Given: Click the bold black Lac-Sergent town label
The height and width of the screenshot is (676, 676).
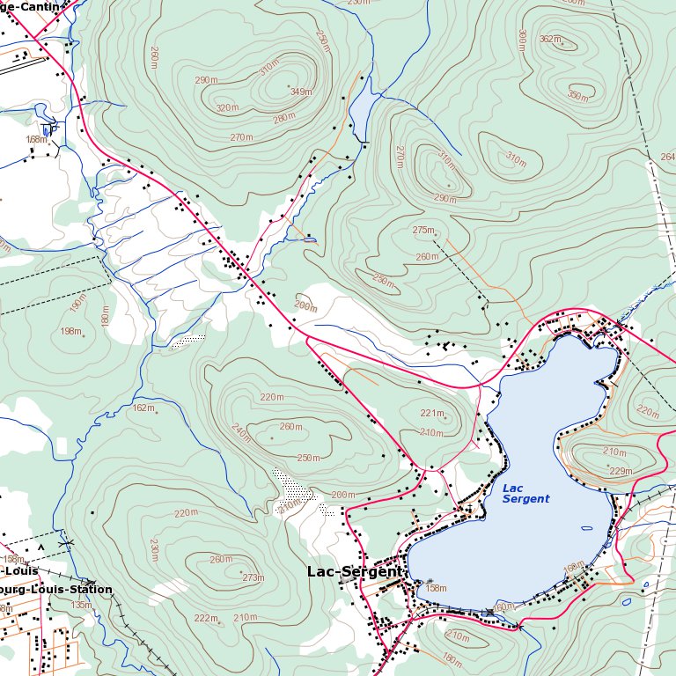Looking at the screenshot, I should tap(354, 571).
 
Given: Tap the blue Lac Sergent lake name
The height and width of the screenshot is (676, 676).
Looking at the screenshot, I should tap(525, 494).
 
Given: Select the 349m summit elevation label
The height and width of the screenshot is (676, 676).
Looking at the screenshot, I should tap(301, 92).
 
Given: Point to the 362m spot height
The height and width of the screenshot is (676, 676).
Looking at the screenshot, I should tap(549, 40).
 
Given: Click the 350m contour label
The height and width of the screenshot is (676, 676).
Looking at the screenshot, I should tap(577, 96).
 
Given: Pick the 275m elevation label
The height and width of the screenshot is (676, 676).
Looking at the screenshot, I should tap(423, 230).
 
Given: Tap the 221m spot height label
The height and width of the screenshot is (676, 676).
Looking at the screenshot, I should tap(431, 413).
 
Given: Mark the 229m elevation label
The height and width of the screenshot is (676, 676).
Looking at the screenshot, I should tap(621, 471).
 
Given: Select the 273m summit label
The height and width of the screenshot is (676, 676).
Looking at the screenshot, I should tap(253, 577).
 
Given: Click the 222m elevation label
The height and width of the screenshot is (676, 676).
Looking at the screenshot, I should tap(206, 618).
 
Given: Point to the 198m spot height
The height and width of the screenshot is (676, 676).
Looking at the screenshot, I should tap(70, 331).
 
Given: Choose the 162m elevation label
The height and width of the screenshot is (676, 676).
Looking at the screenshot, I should tap(143, 408).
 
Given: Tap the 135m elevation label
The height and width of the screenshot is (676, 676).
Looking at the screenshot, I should tap(81, 605).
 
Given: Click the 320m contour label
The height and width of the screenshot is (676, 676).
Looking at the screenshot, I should tap(227, 108).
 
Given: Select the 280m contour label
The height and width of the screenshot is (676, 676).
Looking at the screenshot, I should tap(283, 119).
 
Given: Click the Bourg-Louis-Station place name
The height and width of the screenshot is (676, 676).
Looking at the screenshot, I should tap(56, 590).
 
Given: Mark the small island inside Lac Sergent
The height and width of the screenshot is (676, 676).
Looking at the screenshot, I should tap(586, 529).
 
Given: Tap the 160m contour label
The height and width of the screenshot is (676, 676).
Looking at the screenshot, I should tap(503, 606).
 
